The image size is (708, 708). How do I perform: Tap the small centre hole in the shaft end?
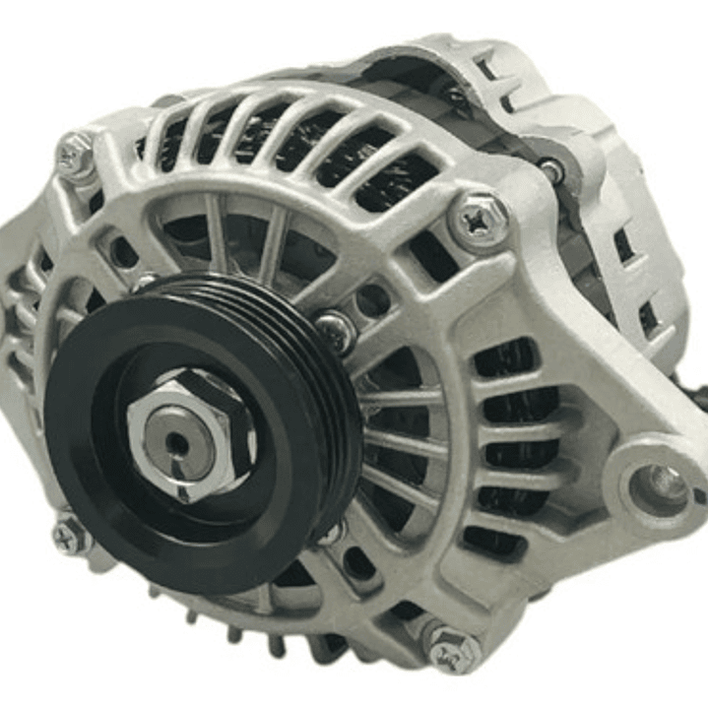[178, 442]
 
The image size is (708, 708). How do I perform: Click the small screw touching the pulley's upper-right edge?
[335, 331]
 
